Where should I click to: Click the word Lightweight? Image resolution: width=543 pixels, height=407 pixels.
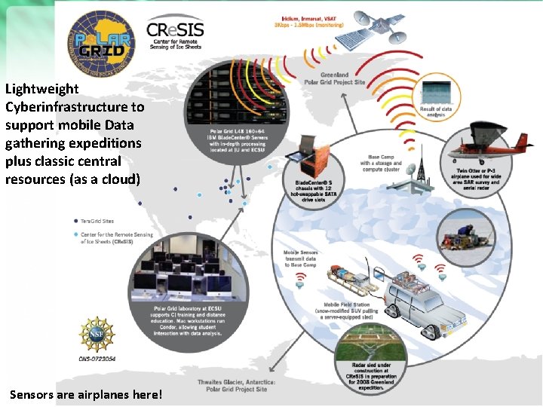(x=41, y=89)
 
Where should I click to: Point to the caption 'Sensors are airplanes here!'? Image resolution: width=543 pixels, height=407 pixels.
(x=86, y=394)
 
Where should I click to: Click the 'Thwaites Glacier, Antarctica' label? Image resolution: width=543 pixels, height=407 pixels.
(x=238, y=385)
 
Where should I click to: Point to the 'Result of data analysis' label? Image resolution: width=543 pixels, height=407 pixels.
(x=436, y=113)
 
